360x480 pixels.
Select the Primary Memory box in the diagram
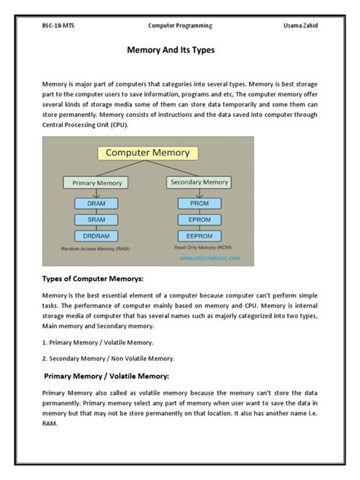click(x=98, y=183)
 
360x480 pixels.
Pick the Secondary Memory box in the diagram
click(x=200, y=182)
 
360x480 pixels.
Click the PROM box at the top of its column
click(x=200, y=204)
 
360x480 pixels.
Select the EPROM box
click(x=200, y=220)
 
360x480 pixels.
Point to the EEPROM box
click(x=200, y=236)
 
